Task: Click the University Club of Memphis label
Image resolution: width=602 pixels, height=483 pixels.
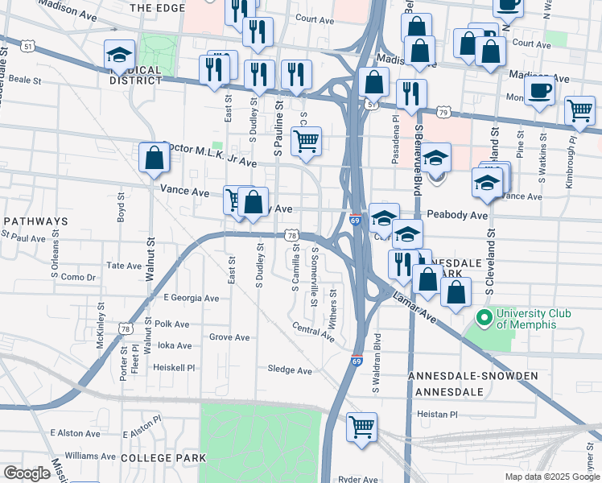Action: click(526, 319)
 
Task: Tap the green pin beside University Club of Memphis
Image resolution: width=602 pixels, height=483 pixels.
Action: click(484, 319)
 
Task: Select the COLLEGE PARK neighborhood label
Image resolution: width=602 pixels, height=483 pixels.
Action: click(163, 457)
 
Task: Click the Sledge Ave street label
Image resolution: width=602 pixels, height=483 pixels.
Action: click(290, 370)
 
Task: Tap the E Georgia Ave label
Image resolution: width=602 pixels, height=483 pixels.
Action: click(191, 298)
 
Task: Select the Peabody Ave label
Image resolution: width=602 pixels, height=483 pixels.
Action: click(457, 216)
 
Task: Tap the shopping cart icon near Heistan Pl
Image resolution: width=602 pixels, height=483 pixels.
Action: click(362, 426)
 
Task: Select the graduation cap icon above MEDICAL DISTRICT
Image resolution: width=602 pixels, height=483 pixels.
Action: click(119, 55)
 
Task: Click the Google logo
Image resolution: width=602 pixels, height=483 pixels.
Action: click(27, 473)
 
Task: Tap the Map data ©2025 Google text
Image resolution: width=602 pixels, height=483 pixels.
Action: click(552, 477)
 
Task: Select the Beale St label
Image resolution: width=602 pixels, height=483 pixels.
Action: click(24, 80)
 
